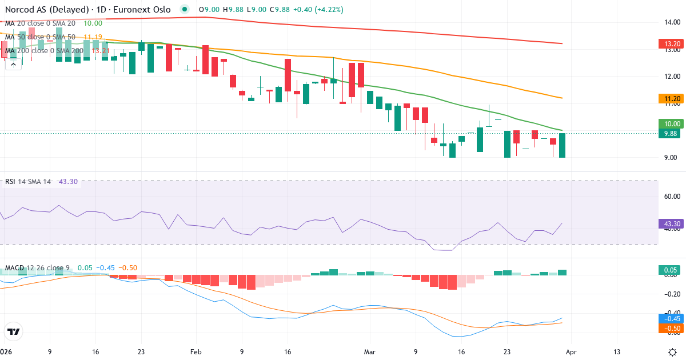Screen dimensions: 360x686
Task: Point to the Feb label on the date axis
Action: click(196, 352)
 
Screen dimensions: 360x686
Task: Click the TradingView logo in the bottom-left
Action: click(14, 331)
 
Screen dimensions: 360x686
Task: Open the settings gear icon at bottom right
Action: click(673, 352)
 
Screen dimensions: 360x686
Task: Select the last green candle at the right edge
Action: click(562, 145)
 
